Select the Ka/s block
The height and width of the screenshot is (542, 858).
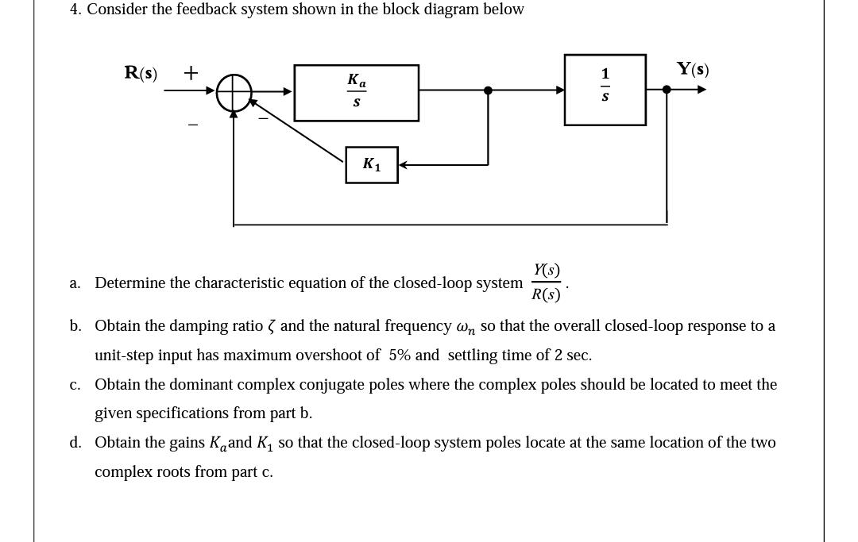coord(356,93)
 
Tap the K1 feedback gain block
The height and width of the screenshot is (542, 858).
coord(371,164)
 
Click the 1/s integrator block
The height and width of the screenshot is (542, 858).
coord(605,90)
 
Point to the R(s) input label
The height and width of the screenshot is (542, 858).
coord(141,73)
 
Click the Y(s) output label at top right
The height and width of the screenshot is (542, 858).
coord(693,69)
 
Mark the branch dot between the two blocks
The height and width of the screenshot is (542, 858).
coord(488,90)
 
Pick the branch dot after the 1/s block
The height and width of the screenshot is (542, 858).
coord(667,90)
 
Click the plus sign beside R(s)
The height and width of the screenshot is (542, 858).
coord(191,73)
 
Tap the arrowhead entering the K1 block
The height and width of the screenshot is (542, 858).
coord(403,165)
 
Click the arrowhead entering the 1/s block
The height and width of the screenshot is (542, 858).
coord(560,90)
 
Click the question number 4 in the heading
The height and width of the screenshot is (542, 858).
coord(75,10)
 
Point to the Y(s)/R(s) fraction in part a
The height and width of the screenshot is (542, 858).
coord(547,283)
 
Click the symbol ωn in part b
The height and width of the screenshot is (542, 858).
coord(465,327)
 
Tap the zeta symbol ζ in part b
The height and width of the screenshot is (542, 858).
coord(272,326)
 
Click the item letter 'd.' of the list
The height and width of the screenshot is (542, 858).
coord(75,443)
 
